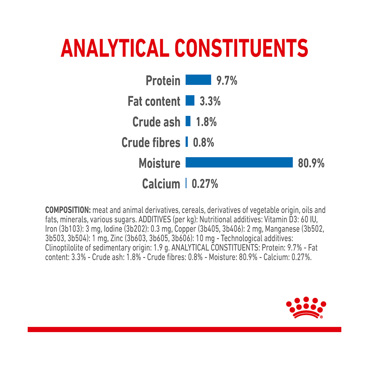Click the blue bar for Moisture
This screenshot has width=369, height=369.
[239, 162]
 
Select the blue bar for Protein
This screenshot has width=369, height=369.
[199, 80]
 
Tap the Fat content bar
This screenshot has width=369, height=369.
[190, 100]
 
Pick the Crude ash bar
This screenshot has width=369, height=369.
[188, 121]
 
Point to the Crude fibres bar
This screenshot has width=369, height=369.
[187, 142]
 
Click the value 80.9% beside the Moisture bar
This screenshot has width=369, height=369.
[311, 163]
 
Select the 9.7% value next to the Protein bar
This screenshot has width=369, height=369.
[227, 80]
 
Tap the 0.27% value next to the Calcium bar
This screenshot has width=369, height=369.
[205, 183]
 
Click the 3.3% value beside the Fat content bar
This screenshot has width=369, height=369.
[210, 101]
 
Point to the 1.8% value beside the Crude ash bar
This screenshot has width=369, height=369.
[206, 122]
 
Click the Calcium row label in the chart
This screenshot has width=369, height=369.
[161, 184]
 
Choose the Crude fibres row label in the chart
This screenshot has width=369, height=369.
[151, 142]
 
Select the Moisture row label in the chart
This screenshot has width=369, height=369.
[159, 163]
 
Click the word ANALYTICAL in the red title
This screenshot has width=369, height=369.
[115, 48]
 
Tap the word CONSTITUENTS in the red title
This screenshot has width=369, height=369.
[241, 48]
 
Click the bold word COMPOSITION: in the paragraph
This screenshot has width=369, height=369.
[68, 210]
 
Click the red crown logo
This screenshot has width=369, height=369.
[306, 308]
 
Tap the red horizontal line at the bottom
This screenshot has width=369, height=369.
[184, 330]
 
